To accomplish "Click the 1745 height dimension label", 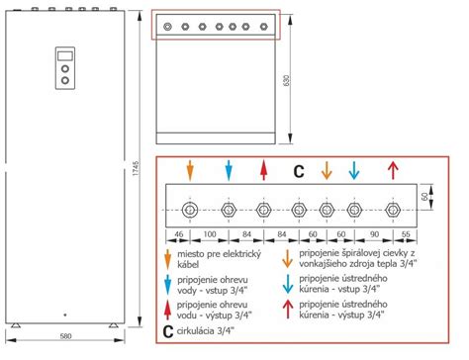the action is [136, 168].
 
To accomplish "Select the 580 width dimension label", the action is [66, 336].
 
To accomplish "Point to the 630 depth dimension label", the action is [286, 81].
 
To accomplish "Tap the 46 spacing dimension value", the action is [178, 234].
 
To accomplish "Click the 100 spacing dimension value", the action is [210, 234].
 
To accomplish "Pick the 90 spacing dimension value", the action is [374, 234].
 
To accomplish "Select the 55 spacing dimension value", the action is [406, 234].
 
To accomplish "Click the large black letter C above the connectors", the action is [299, 172].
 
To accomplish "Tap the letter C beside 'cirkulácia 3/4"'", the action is [168, 331].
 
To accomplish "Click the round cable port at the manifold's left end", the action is [190, 210].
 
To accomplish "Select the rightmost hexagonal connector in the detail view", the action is [393, 210].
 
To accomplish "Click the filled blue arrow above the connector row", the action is [229, 170].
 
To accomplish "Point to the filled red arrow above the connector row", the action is [263, 170].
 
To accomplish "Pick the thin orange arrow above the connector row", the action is [327, 170].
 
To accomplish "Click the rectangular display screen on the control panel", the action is [65, 55].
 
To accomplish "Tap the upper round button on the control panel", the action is [65, 69].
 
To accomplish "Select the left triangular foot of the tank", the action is [15, 325].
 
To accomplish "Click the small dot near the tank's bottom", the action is [65, 315].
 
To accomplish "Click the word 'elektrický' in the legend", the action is [241, 254].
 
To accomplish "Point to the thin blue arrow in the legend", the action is [288, 284].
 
